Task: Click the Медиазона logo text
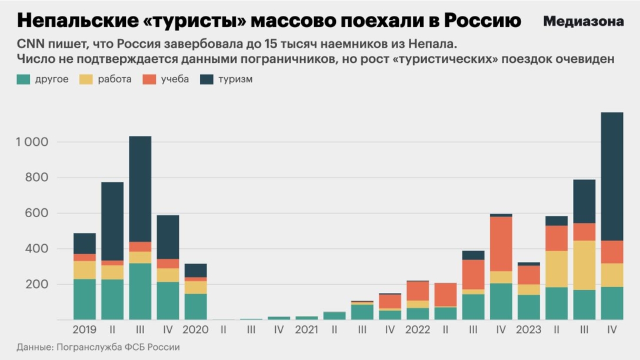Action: pos(583,22)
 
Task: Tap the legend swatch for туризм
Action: pos(206,79)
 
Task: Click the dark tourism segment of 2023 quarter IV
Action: pos(612,176)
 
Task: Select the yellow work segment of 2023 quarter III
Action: pos(584,265)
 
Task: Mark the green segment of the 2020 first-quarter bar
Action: pos(195,306)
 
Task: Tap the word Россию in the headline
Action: pos(482,21)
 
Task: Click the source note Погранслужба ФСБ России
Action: pos(118,347)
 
